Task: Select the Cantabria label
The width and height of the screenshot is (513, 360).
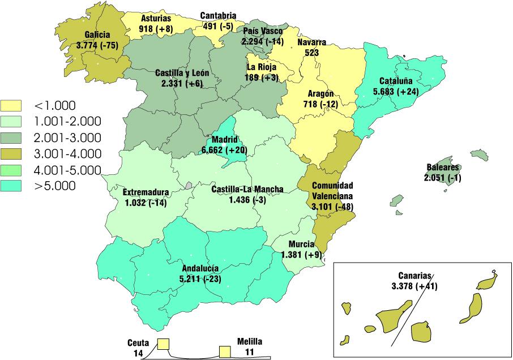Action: pyautogui.click(x=219, y=16)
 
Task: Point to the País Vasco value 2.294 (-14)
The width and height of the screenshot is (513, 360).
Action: pyautogui.click(x=262, y=41)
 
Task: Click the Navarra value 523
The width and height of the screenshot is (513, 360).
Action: pyautogui.click(x=311, y=52)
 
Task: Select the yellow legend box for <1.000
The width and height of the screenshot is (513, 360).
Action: pyautogui.click(x=11, y=105)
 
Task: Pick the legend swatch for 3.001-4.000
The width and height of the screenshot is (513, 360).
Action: pyautogui.click(x=11, y=153)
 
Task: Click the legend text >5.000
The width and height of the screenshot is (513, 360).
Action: pyautogui.click(x=55, y=186)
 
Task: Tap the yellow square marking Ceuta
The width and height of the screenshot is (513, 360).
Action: pyautogui.click(x=164, y=344)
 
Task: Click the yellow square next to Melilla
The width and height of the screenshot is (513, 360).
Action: pyautogui.click(x=225, y=352)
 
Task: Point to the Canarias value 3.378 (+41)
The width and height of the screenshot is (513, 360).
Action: pyautogui.click(x=414, y=286)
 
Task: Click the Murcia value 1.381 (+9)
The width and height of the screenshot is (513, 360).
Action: pyautogui.click(x=301, y=255)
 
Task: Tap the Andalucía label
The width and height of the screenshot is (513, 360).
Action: pyautogui.click(x=201, y=268)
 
